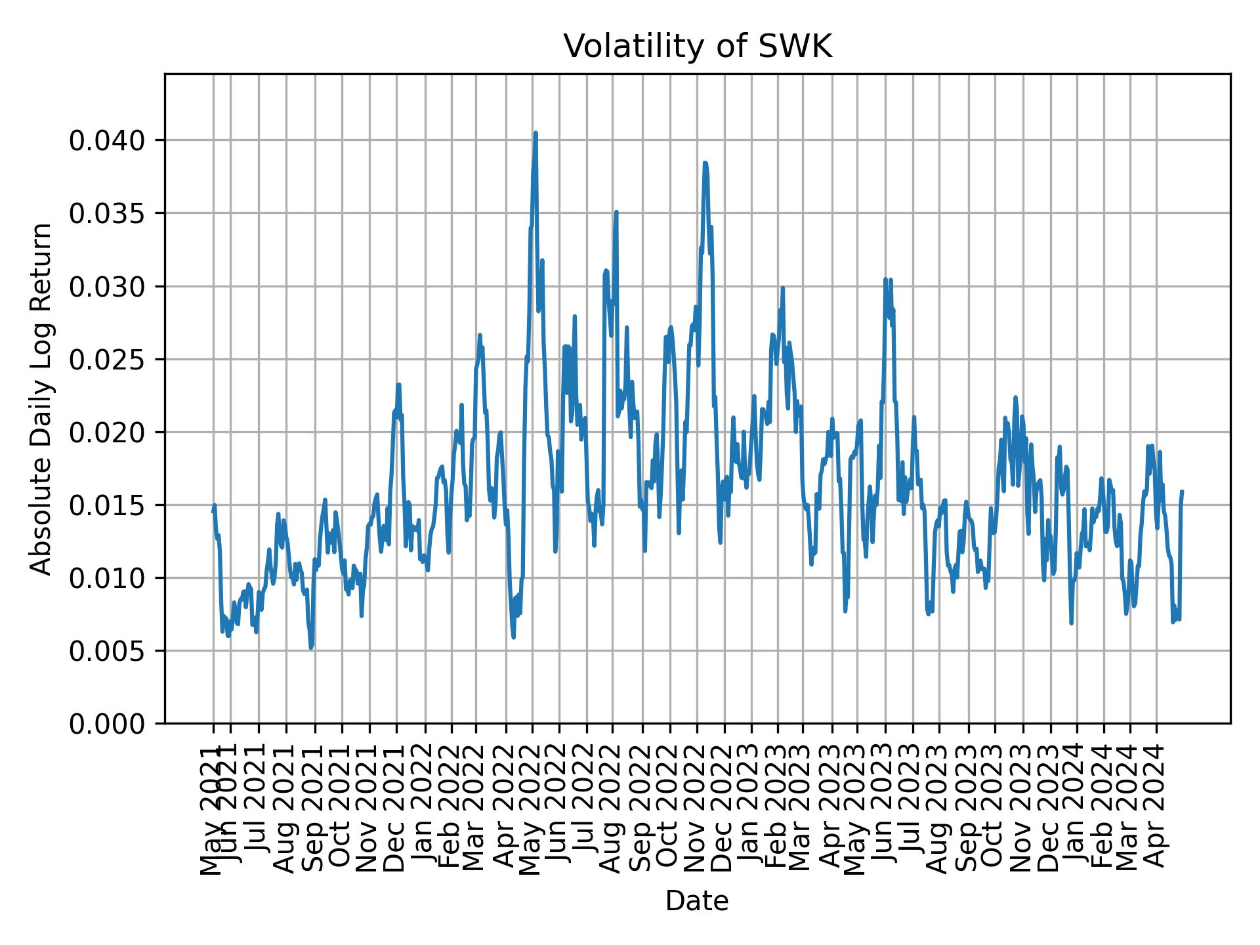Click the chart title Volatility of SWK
pyautogui.click(x=697, y=47)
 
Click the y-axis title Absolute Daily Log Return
pyautogui.click(x=42, y=399)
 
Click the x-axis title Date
pyautogui.click(x=697, y=901)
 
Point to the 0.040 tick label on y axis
pyautogui.click(x=108, y=140)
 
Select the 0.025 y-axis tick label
pyautogui.click(x=108, y=360)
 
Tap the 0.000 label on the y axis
pyautogui.click(x=108, y=724)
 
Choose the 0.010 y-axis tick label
pyautogui.click(x=108, y=578)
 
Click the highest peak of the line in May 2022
pyautogui.click(x=535, y=133)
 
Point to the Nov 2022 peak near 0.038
pyautogui.click(x=705, y=163)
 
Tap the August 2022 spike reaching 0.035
pyautogui.click(x=616, y=213)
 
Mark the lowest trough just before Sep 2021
pyautogui.click(x=311, y=648)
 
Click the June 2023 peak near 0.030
pyautogui.click(x=885, y=280)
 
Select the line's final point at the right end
pyautogui.click(x=1182, y=491)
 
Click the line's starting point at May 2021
pyautogui.click(x=213, y=511)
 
